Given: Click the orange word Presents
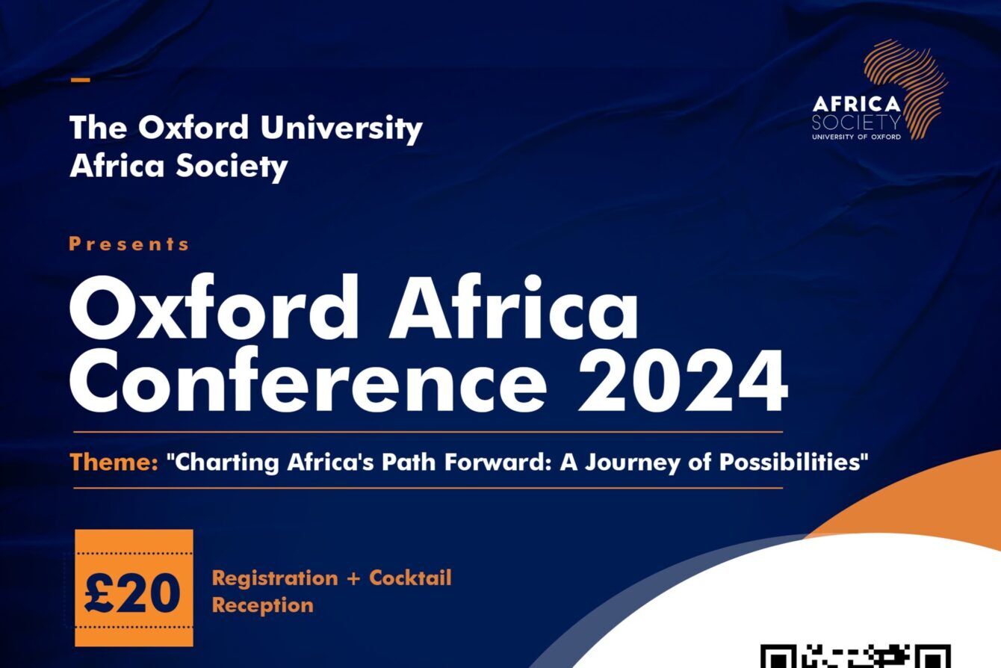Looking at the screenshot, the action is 129,244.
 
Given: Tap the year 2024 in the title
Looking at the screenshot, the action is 682,381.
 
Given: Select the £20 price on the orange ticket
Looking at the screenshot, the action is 132,593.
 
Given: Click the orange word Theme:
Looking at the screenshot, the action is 114,462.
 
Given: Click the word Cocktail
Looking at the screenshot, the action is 410,578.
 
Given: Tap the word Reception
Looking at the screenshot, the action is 263,606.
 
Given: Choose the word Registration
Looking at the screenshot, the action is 275,578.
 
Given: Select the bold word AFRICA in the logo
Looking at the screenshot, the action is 856,104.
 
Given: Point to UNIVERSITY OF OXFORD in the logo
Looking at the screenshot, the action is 856,137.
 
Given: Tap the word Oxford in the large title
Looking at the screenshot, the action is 214,308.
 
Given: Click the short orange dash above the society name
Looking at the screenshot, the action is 81,81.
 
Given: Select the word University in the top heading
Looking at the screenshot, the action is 341,129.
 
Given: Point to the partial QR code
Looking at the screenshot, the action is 856,656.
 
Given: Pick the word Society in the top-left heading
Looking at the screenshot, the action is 232,167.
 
